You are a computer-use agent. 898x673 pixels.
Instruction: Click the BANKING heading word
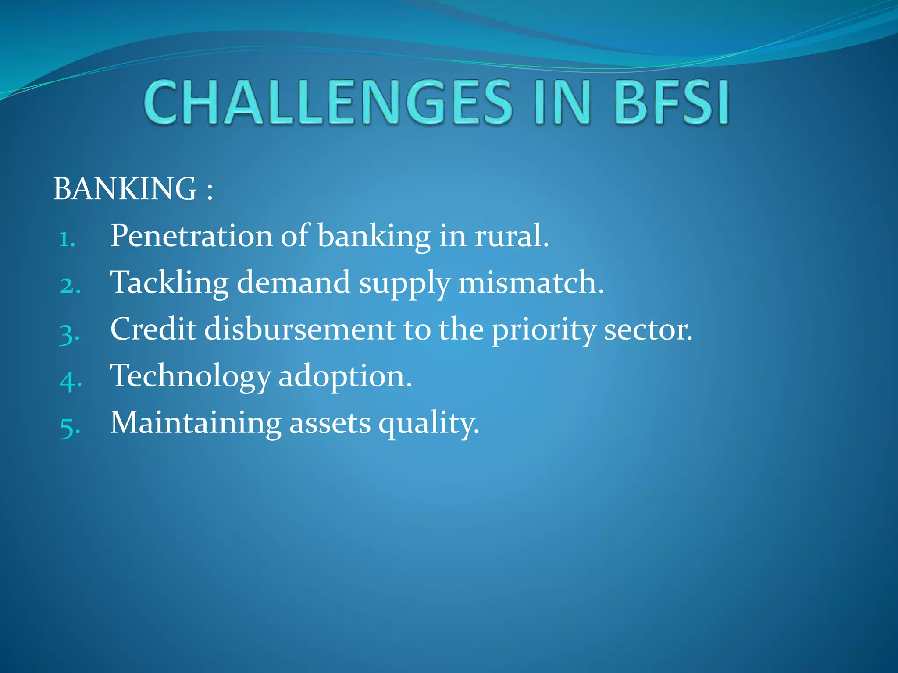[125, 189]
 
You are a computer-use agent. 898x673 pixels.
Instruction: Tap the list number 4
[70, 380]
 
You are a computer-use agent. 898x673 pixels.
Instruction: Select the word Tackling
[169, 283]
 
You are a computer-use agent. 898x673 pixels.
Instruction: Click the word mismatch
[531, 283]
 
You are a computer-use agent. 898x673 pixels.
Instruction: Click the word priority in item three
[543, 331]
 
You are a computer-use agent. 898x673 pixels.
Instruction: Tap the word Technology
[190, 377]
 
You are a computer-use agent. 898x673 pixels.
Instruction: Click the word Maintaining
[196, 423]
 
